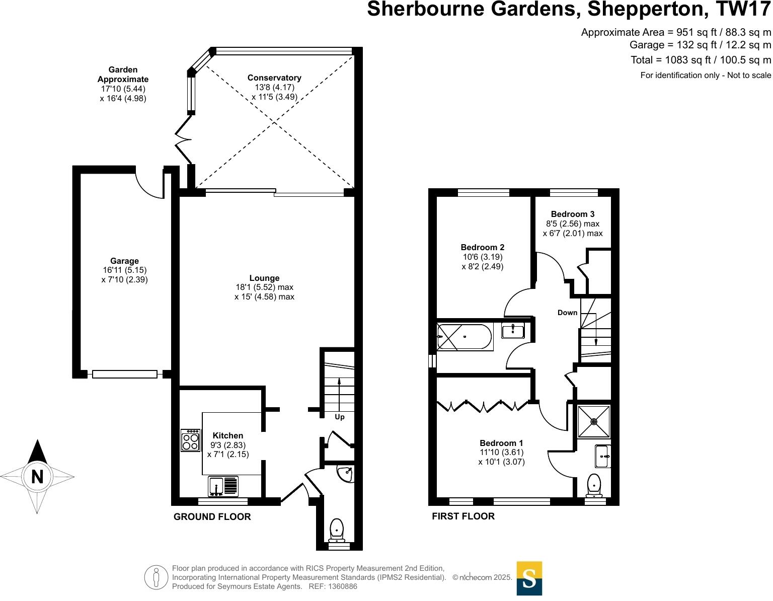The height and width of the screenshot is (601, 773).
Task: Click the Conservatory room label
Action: (x=274, y=78)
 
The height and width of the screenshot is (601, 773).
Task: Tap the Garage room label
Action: (x=124, y=261)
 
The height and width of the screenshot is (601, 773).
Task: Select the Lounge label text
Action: (x=264, y=278)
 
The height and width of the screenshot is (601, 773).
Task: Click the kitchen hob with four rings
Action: (x=190, y=440)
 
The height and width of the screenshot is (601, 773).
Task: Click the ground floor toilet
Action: (x=337, y=530)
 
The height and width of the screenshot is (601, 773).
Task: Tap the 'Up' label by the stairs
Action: (x=340, y=417)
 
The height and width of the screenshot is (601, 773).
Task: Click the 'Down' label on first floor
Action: (x=567, y=313)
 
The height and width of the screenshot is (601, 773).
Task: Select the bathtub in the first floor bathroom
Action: (x=464, y=337)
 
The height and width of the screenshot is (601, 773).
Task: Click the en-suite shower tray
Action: (x=594, y=421)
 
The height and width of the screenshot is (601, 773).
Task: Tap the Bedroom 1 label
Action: (x=501, y=443)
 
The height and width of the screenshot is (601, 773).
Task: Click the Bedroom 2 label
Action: (x=482, y=247)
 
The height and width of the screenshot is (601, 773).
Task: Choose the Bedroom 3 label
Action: (x=572, y=214)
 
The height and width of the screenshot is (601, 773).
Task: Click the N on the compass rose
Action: (x=37, y=476)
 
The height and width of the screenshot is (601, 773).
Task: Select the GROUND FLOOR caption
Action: (x=212, y=516)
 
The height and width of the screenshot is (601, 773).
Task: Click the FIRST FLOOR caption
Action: (x=463, y=516)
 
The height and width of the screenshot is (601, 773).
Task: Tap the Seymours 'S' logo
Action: (x=529, y=578)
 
